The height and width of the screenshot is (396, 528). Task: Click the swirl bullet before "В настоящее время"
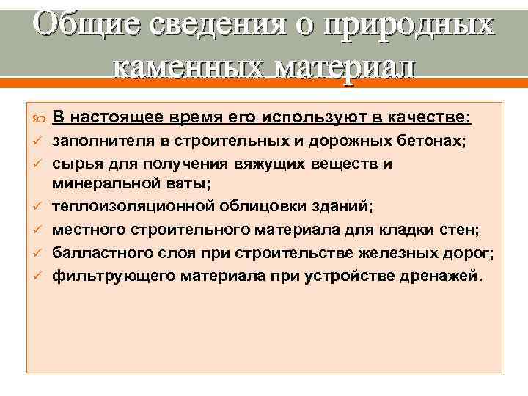click(x=37, y=118)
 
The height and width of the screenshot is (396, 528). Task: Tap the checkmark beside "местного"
click(x=37, y=231)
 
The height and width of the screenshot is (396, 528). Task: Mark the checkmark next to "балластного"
click(x=37, y=254)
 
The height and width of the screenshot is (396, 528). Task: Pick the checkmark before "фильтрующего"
click(x=37, y=276)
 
